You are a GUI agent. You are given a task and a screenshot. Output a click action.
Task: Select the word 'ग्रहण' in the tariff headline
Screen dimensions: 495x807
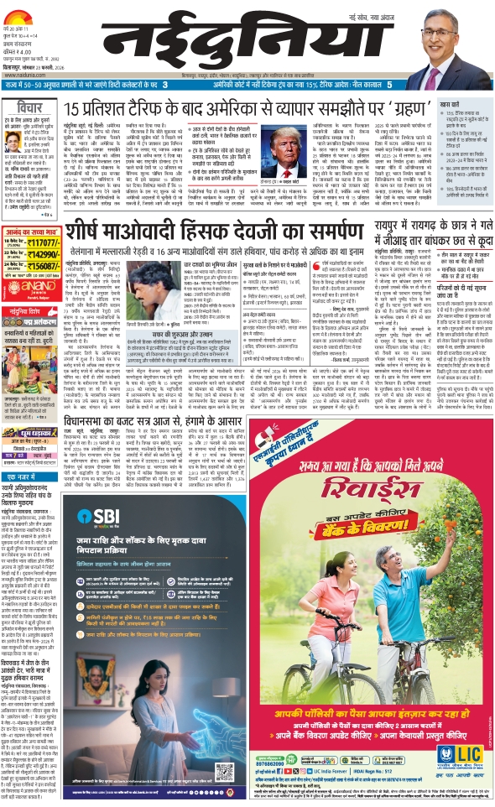click(x=404, y=108)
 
